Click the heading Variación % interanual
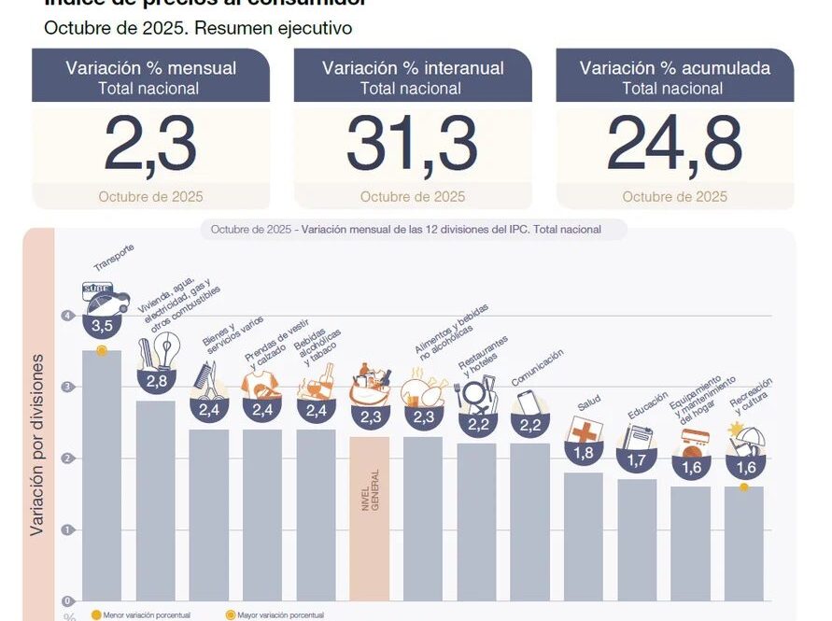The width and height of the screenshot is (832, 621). coord(413,68)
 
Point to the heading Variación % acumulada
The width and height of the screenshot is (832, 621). coord(674,68)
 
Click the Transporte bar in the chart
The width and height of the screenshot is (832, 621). coord(102,476)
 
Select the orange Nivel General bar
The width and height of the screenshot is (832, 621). coord(369,518)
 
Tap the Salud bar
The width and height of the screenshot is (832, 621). coord(584,537)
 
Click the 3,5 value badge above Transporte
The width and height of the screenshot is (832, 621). coord(102,326)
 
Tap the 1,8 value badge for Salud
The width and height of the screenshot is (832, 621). coord(584,453)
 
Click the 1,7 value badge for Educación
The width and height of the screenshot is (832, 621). coord(637,459)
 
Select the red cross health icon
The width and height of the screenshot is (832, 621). coord(585,430)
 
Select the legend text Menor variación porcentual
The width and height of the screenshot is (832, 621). coord(148,615)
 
